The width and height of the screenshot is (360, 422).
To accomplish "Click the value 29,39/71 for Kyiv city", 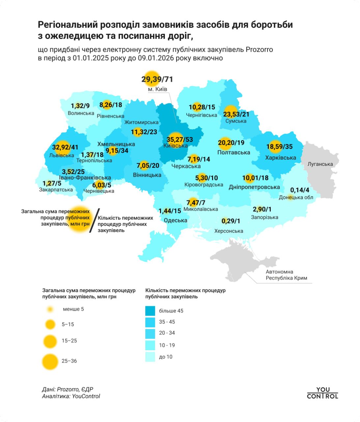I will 157,79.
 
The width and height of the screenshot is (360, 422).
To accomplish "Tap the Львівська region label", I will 62,155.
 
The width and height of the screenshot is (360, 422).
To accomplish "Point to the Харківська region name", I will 281,157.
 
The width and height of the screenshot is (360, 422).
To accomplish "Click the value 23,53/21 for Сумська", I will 236,114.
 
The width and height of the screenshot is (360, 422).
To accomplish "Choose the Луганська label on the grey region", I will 320,164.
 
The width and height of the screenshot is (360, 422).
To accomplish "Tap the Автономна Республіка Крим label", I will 286,275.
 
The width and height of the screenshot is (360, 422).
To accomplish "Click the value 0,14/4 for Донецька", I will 299,190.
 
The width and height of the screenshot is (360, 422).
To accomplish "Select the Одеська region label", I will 175,220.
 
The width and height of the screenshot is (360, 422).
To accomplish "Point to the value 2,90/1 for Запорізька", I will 262,209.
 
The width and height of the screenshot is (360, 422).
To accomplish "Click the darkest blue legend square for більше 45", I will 150,311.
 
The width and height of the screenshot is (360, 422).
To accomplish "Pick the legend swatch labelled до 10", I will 150,357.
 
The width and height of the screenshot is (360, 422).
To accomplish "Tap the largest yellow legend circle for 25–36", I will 50,361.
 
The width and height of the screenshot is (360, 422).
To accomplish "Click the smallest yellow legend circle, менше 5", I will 50,309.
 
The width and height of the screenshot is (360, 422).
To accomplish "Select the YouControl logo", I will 322,393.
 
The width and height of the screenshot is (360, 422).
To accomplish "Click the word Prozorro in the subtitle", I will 259,49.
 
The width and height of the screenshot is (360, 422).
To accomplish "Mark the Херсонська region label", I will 229,231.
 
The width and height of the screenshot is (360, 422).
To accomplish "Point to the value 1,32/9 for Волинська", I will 80,106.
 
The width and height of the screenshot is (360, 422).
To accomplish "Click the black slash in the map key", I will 94,221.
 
